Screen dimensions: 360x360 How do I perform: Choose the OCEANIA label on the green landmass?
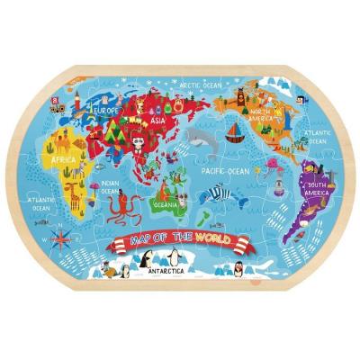pyautogui.click(x=165, y=202)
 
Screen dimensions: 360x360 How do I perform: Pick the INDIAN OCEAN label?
pyautogui.click(x=108, y=191)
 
